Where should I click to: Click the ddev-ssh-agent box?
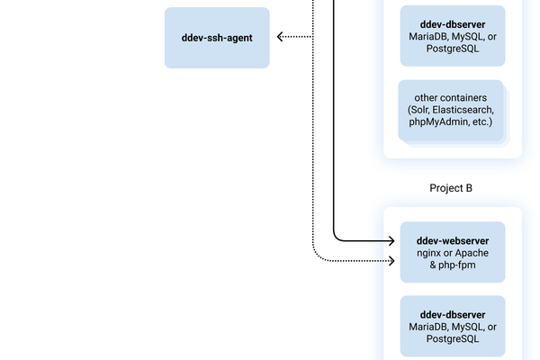point(217,38)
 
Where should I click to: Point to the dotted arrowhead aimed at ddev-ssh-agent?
point(282,37)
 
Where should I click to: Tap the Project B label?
point(452,188)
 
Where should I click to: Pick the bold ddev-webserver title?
point(453,240)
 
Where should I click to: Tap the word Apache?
point(471,254)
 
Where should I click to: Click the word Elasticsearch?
point(464,109)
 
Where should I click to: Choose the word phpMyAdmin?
point(437,121)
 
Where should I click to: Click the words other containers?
point(451,96)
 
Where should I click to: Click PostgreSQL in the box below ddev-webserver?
point(453,339)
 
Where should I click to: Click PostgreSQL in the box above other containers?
point(453,49)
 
